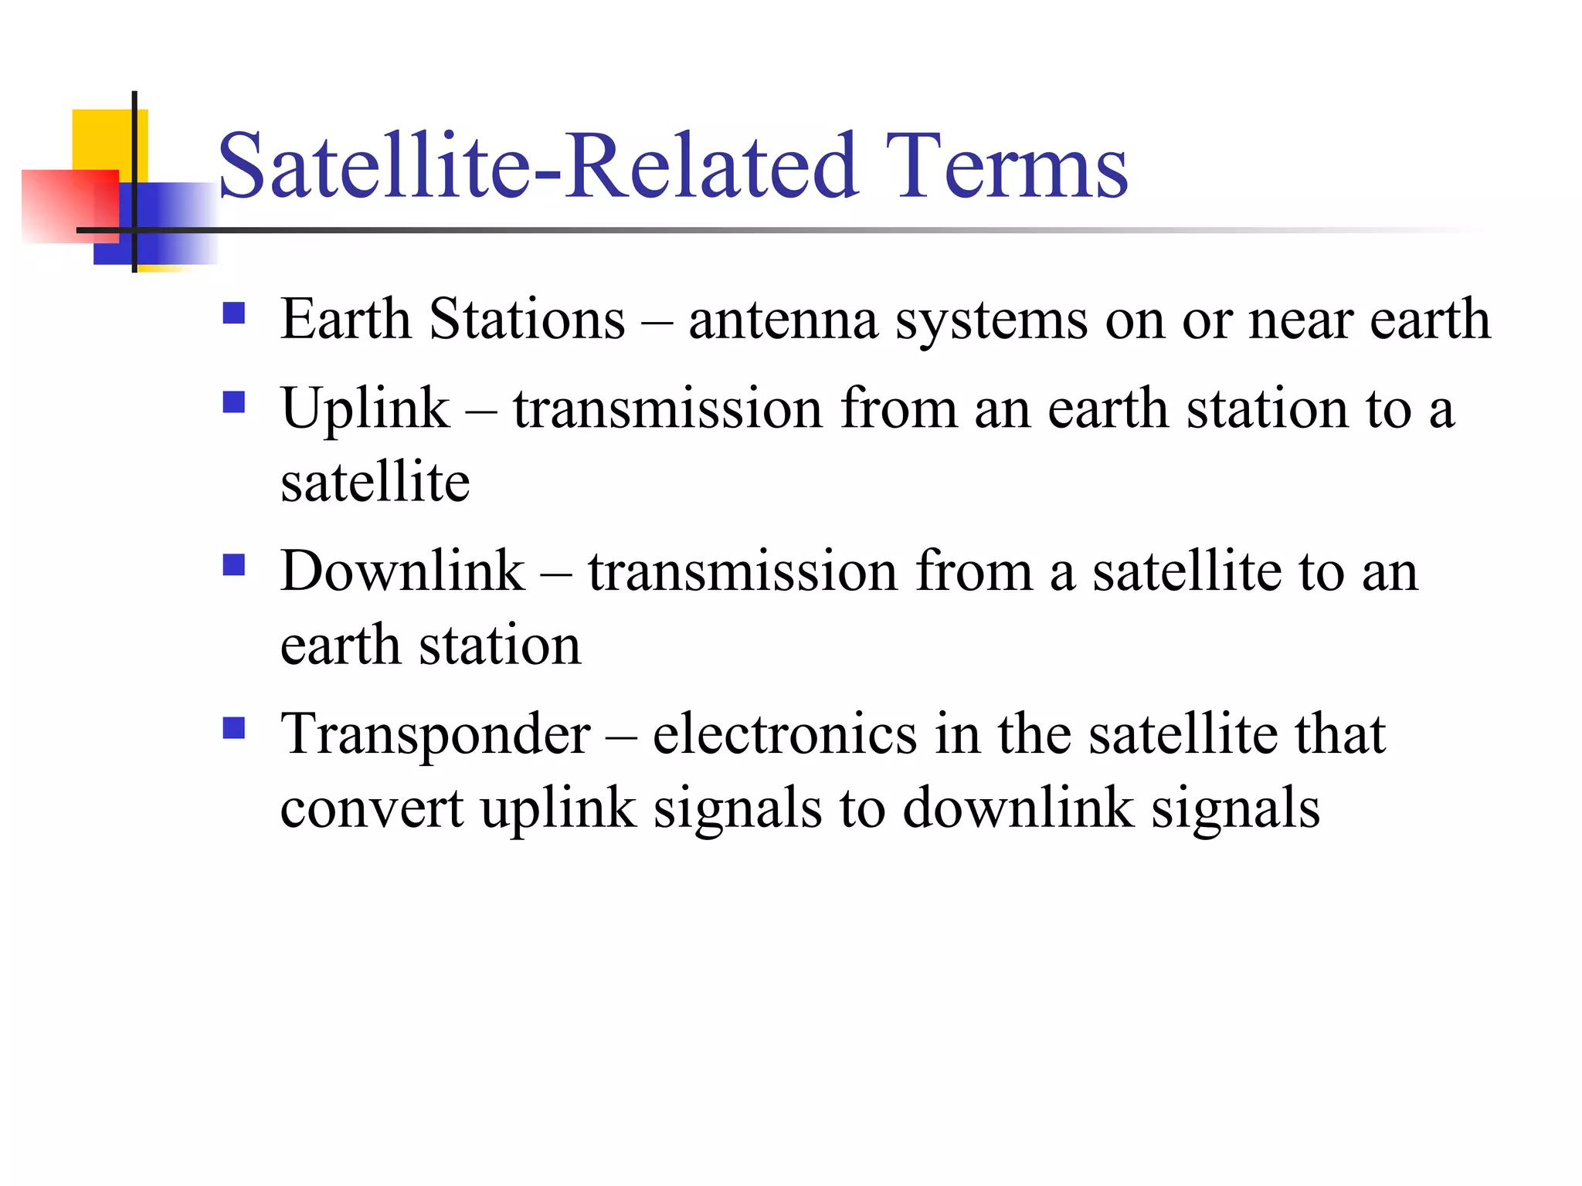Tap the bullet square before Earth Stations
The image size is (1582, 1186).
(x=233, y=313)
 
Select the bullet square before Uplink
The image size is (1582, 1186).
(x=233, y=402)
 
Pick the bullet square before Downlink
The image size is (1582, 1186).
(x=233, y=565)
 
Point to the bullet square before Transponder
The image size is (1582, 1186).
(x=233, y=728)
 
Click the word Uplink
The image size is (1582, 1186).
(x=365, y=409)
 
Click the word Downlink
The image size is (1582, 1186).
(x=402, y=571)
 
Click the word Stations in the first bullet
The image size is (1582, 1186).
(x=527, y=319)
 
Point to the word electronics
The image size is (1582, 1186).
(x=785, y=734)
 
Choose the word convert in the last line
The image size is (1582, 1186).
(x=372, y=809)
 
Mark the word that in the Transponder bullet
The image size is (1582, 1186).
(x=1340, y=734)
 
